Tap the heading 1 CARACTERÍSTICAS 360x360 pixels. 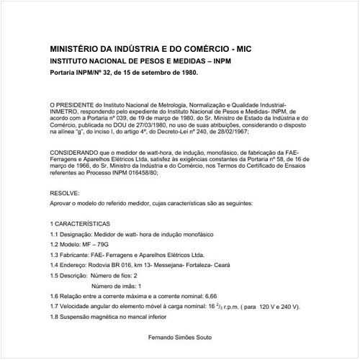80,225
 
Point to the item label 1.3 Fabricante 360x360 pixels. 70,255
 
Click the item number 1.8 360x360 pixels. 55,317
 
